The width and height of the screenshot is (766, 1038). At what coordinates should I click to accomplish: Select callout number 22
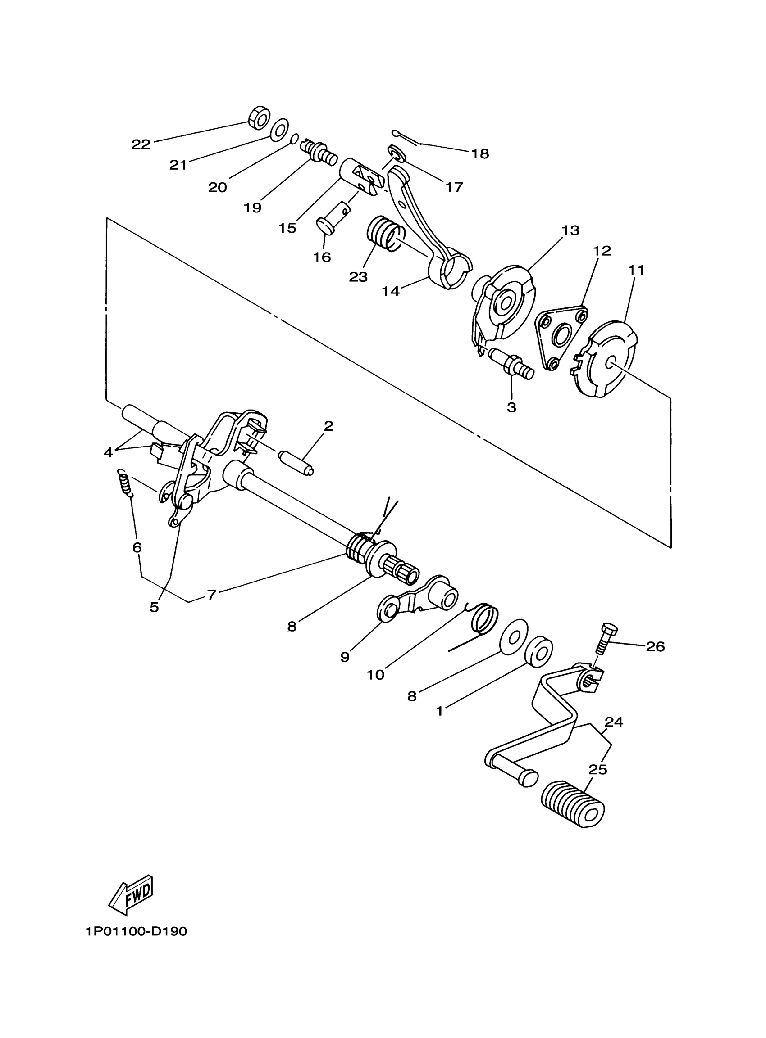141,144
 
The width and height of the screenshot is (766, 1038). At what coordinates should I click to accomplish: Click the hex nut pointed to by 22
259,117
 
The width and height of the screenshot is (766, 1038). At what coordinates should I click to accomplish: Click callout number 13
570,230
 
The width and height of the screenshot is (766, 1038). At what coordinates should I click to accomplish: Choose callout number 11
636,270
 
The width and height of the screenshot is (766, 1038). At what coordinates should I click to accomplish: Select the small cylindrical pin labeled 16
333,218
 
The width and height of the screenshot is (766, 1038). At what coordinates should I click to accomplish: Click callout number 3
511,408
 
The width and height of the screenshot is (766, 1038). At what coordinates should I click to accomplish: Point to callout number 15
287,228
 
